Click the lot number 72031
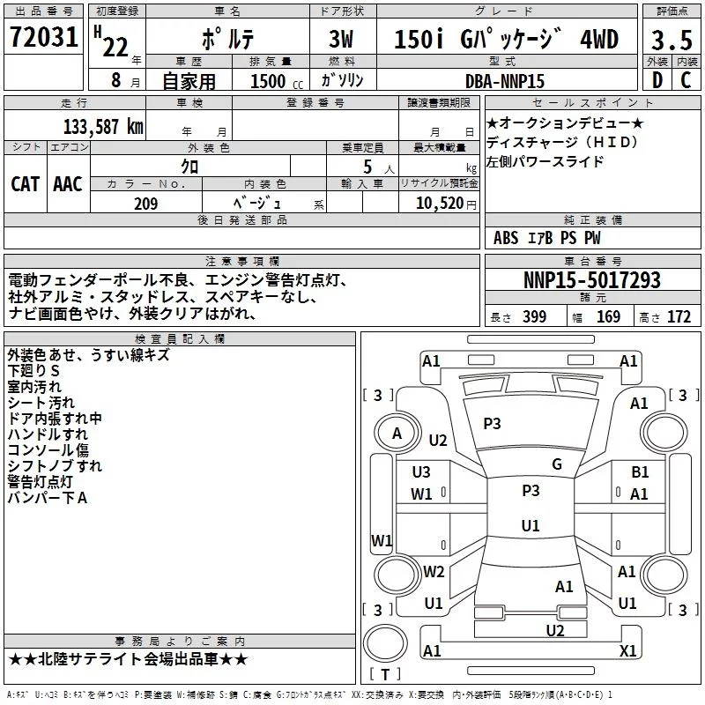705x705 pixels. tap(42, 38)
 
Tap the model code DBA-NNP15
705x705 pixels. tap(505, 81)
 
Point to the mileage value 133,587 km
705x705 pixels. tap(103, 126)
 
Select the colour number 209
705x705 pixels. tap(145, 204)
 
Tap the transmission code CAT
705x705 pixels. tap(25, 184)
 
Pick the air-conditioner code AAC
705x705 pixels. tap(68, 184)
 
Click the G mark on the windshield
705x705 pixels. tap(557, 464)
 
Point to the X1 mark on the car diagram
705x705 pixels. tap(627, 650)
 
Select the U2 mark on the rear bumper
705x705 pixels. tap(555, 629)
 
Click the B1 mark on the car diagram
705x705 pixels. tap(640, 473)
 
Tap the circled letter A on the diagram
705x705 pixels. tap(397, 433)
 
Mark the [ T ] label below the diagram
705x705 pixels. tap(385, 674)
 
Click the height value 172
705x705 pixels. tap(679, 317)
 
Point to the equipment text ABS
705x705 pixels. tap(506, 238)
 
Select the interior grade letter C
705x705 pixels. tap(686, 80)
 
